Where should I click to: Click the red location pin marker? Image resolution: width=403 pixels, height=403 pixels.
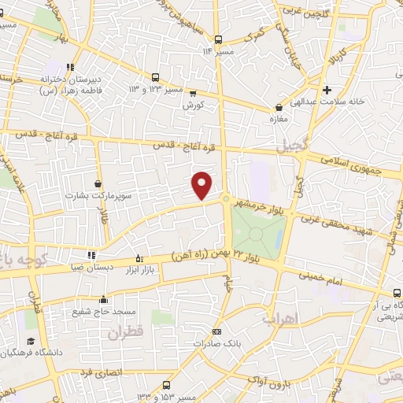[x=202, y=186]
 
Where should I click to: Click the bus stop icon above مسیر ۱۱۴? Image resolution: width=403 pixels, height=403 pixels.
[x=219, y=39]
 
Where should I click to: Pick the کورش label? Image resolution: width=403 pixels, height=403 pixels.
[x=194, y=105]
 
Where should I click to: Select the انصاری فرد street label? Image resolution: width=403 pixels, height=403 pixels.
[x=95, y=368]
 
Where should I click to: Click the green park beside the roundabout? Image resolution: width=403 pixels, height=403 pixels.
[x=257, y=234]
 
